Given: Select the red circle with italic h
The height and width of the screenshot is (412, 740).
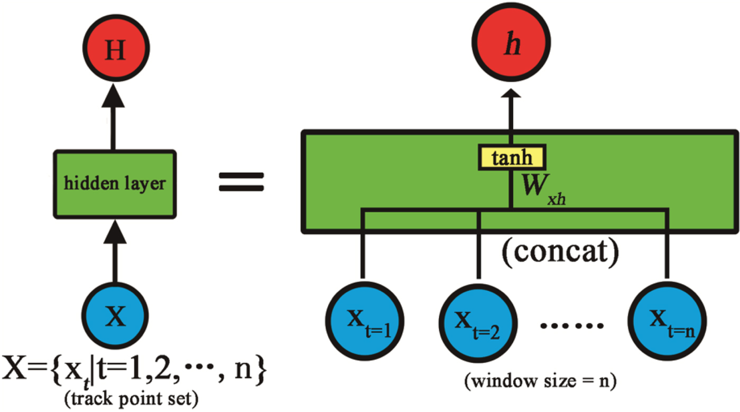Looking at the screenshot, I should tap(511, 46).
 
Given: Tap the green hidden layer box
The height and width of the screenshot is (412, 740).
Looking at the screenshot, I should tap(115, 183).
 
